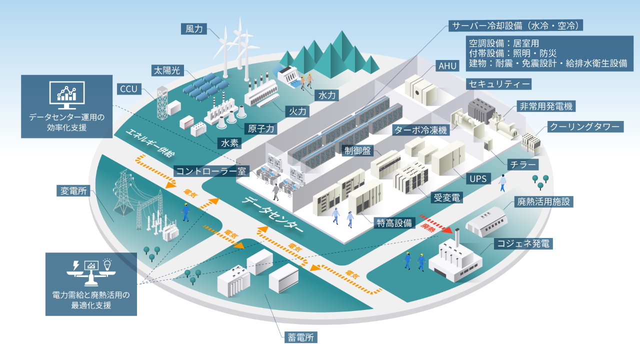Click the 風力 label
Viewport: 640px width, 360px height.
(x=193, y=29)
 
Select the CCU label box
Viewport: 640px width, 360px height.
(x=128, y=89)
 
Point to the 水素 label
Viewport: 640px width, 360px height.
(x=229, y=143)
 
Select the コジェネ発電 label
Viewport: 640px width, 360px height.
(x=523, y=244)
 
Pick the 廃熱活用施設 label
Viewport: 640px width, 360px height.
(x=542, y=201)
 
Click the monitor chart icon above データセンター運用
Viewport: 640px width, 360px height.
(x=66, y=95)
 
